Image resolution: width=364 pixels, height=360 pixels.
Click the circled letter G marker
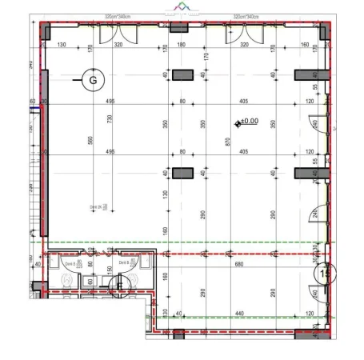tap(93, 79)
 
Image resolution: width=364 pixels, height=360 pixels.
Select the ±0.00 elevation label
tap(249, 122)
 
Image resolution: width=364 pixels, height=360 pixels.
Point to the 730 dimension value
tap(109, 118)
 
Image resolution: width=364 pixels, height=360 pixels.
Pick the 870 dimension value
tap(229, 142)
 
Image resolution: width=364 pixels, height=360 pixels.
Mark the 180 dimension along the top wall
tap(181, 45)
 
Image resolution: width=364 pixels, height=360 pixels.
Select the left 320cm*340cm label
tap(118, 16)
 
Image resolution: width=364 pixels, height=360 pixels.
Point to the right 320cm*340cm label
tap(246, 16)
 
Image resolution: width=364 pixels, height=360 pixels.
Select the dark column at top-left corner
tap(46, 32)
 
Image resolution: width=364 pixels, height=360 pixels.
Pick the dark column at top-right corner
tap(324, 32)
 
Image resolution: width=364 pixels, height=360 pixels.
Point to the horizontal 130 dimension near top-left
tap(62, 45)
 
